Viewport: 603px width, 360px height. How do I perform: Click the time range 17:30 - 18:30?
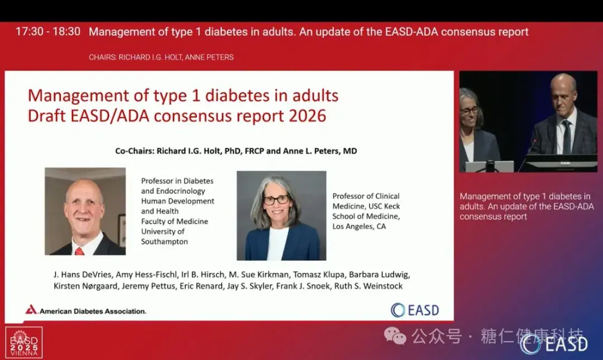48,32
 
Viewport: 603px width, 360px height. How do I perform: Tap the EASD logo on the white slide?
415,310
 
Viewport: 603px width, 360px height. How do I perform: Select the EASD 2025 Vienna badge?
24,342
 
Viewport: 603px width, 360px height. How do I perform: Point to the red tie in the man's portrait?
80,251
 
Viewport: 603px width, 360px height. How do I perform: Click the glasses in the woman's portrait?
276,199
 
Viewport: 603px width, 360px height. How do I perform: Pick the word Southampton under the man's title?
164,242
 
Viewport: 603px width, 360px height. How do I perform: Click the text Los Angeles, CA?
359,227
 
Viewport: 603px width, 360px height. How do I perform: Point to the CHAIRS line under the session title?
161,57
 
